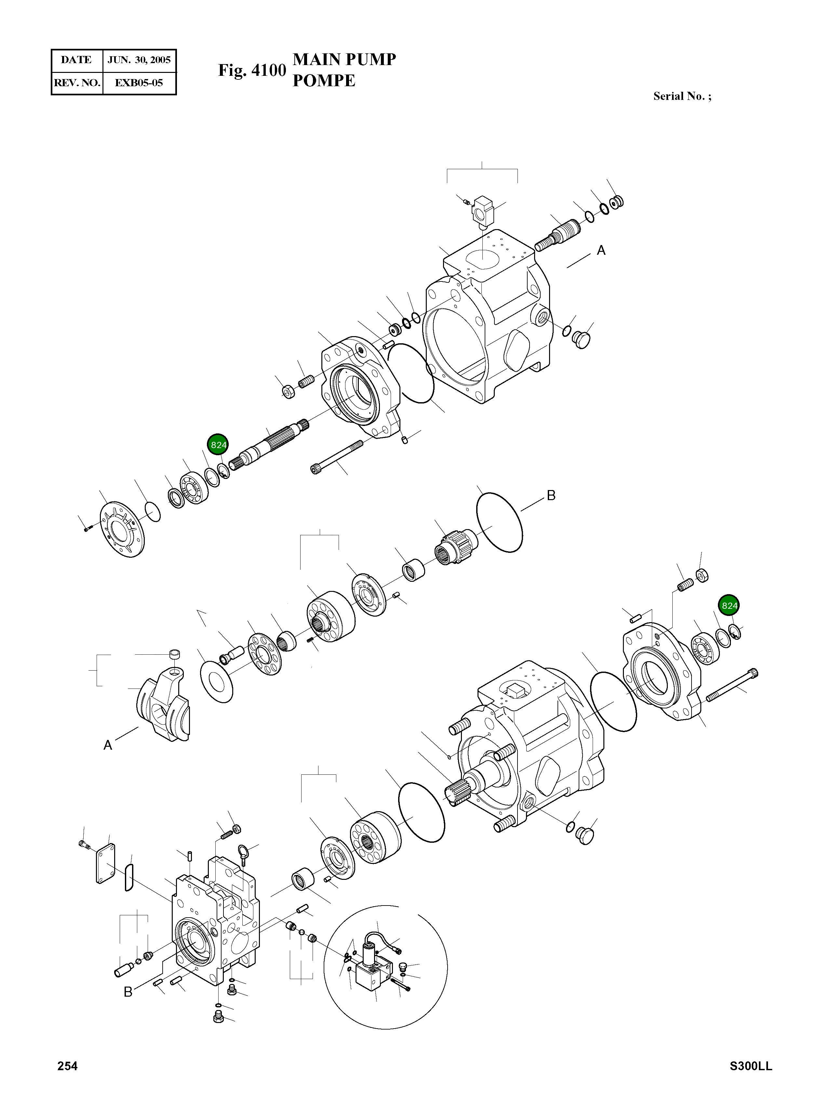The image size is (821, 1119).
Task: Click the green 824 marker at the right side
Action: click(729, 606)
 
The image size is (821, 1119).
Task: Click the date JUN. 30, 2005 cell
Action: click(139, 60)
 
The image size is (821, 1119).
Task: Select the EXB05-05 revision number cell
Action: click(139, 83)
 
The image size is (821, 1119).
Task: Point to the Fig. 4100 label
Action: click(252, 71)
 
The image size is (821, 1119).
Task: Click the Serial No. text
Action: click(681, 96)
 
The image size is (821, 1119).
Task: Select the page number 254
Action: click(68, 1066)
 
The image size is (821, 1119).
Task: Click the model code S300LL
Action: click(750, 1066)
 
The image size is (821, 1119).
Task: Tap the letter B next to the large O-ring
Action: click(551, 496)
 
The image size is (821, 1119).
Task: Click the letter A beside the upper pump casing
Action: click(601, 251)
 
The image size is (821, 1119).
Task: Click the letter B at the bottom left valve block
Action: click(128, 992)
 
